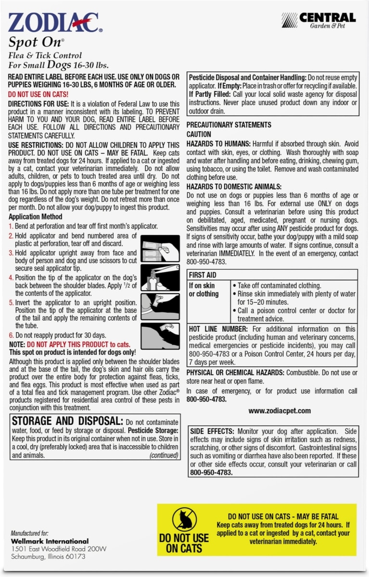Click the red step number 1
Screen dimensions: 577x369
[11, 226]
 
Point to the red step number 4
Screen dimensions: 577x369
[11, 278]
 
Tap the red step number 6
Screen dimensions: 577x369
[11, 335]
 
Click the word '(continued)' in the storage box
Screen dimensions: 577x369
[164, 455]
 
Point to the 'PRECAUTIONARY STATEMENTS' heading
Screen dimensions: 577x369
[229, 125]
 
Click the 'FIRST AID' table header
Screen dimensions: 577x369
[203, 275]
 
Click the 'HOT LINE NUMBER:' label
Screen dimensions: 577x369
[218, 329]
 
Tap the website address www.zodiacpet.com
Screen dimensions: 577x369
[280, 411]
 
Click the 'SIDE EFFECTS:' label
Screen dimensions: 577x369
[212, 431]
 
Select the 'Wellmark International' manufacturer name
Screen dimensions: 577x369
[50, 541]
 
